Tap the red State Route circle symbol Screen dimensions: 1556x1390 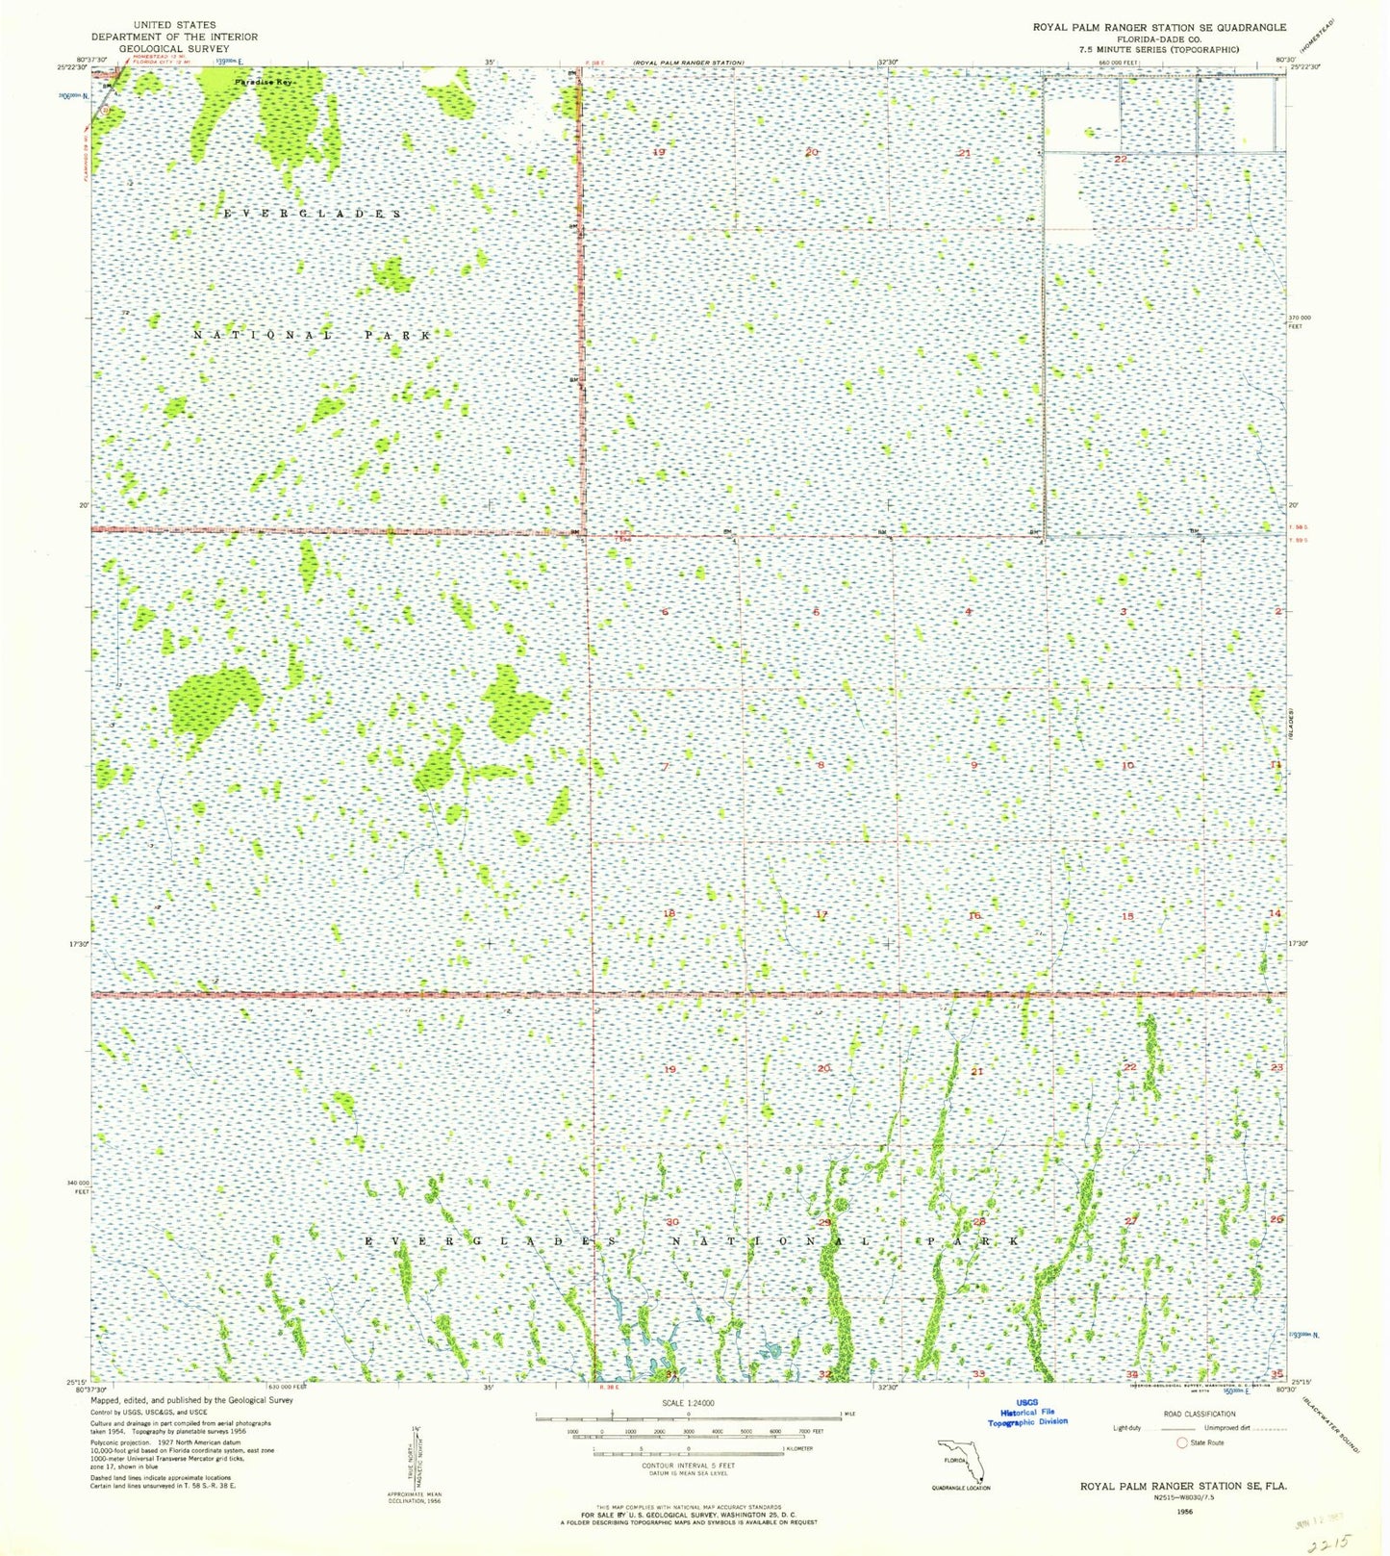(1183, 1442)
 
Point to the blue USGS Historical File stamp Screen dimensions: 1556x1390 (1027, 1412)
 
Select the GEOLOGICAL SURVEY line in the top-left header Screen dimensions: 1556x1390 (174, 49)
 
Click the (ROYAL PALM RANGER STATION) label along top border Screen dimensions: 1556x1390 (688, 63)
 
